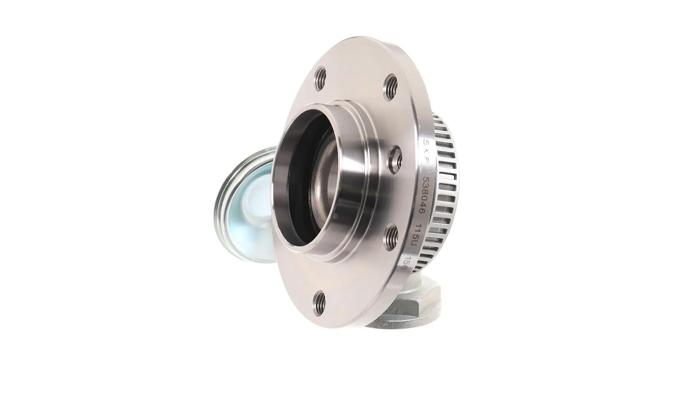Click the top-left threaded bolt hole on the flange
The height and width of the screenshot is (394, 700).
coord(320,79)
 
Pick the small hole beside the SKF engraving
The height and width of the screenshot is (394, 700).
coord(396,159)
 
